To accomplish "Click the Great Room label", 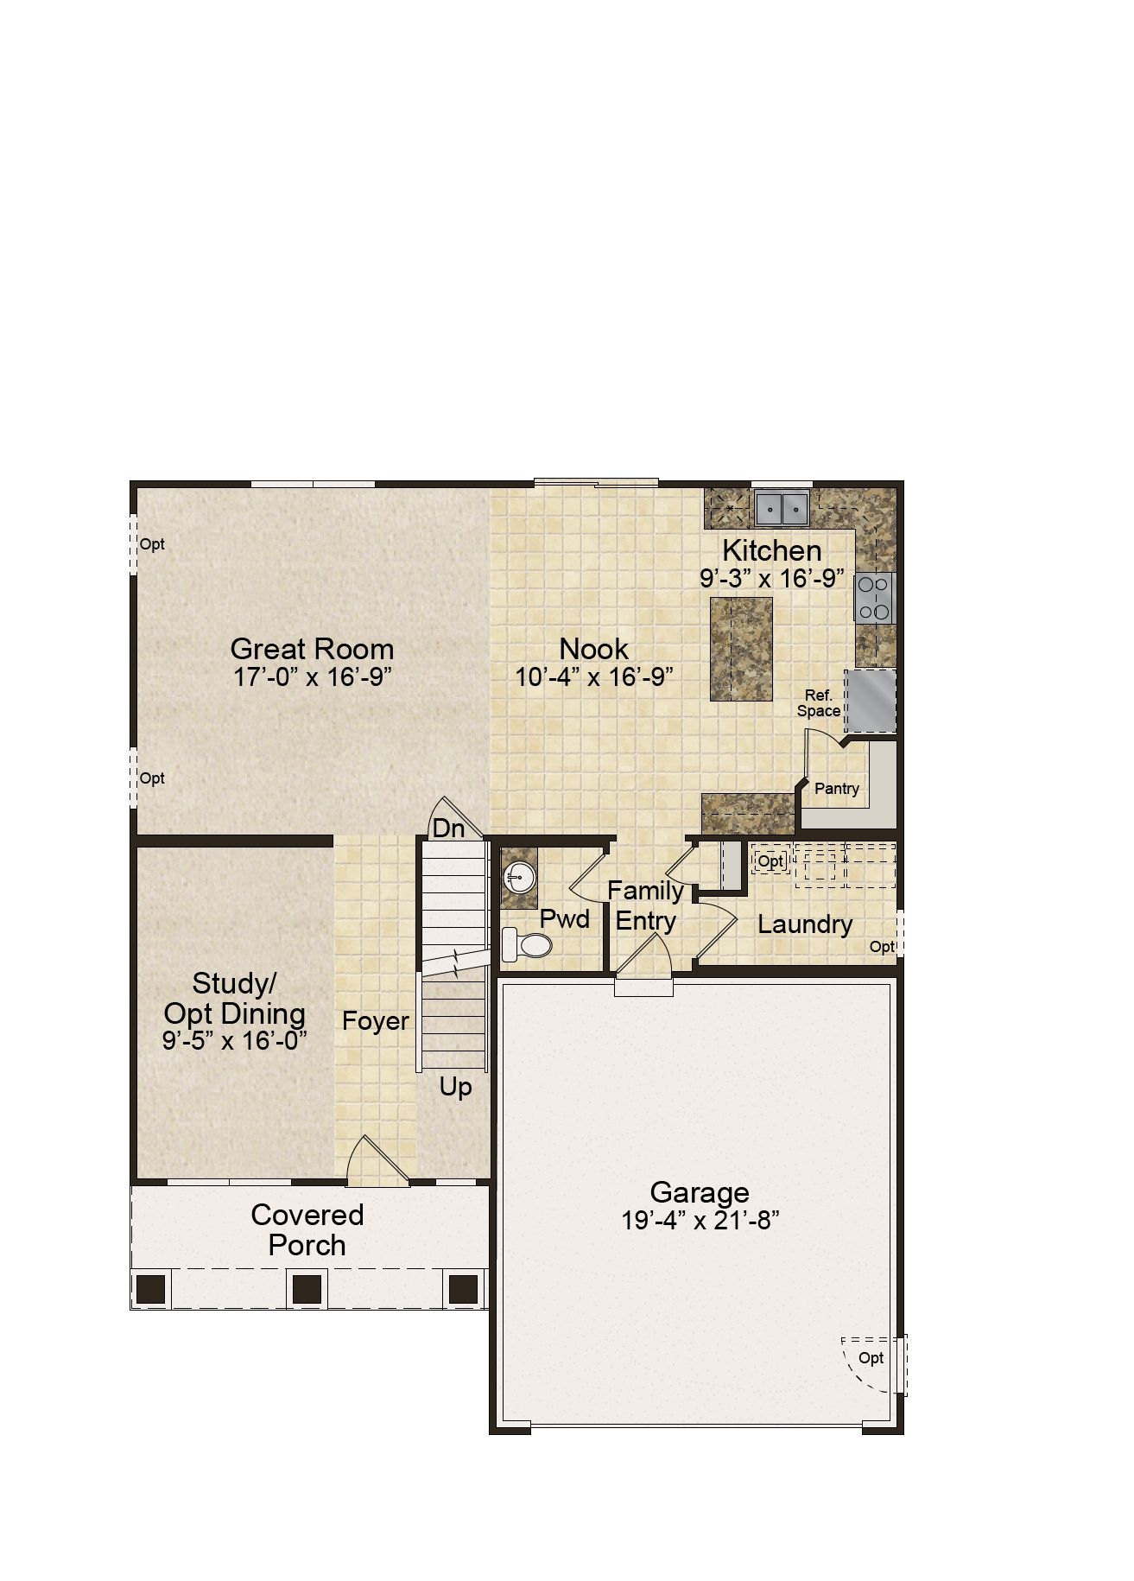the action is pyautogui.click(x=312, y=649).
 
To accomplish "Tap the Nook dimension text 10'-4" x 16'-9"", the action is pyautogui.click(x=594, y=676).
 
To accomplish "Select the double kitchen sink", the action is pyautogui.click(x=782, y=508).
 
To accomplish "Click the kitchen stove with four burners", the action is pyautogui.click(x=874, y=599).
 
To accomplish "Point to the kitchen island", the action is pyautogui.click(x=741, y=648).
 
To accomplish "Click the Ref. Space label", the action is pyautogui.click(x=819, y=703).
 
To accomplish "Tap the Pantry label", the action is pyautogui.click(x=837, y=789).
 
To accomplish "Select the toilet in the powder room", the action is pyautogui.click(x=526, y=944).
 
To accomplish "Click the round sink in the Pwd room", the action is pyautogui.click(x=518, y=878).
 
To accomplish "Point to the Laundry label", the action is pyautogui.click(x=805, y=924).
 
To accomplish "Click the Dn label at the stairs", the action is pyautogui.click(x=448, y=829).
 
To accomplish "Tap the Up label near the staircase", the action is pyautogui.click(x=455, y=1087).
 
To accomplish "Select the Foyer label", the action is pyautogui.click(x=375, y=1021).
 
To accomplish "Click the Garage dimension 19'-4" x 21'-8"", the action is pyautogui.click(x=700, y=1221).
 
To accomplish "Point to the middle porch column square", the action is pyautogui.click(x=307, y=1289).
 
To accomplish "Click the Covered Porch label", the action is pyautogui.click(x=307, y=1229).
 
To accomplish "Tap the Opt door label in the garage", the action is pyautogui.click(x=871, y=1358).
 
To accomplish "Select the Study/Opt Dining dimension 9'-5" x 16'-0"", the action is pyautogui.click(x=235, y=1040).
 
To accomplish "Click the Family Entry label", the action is pyautogui.click(x=645, y=905).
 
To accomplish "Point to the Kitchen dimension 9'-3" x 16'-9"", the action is pyautogui.click(x=772, y=579).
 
